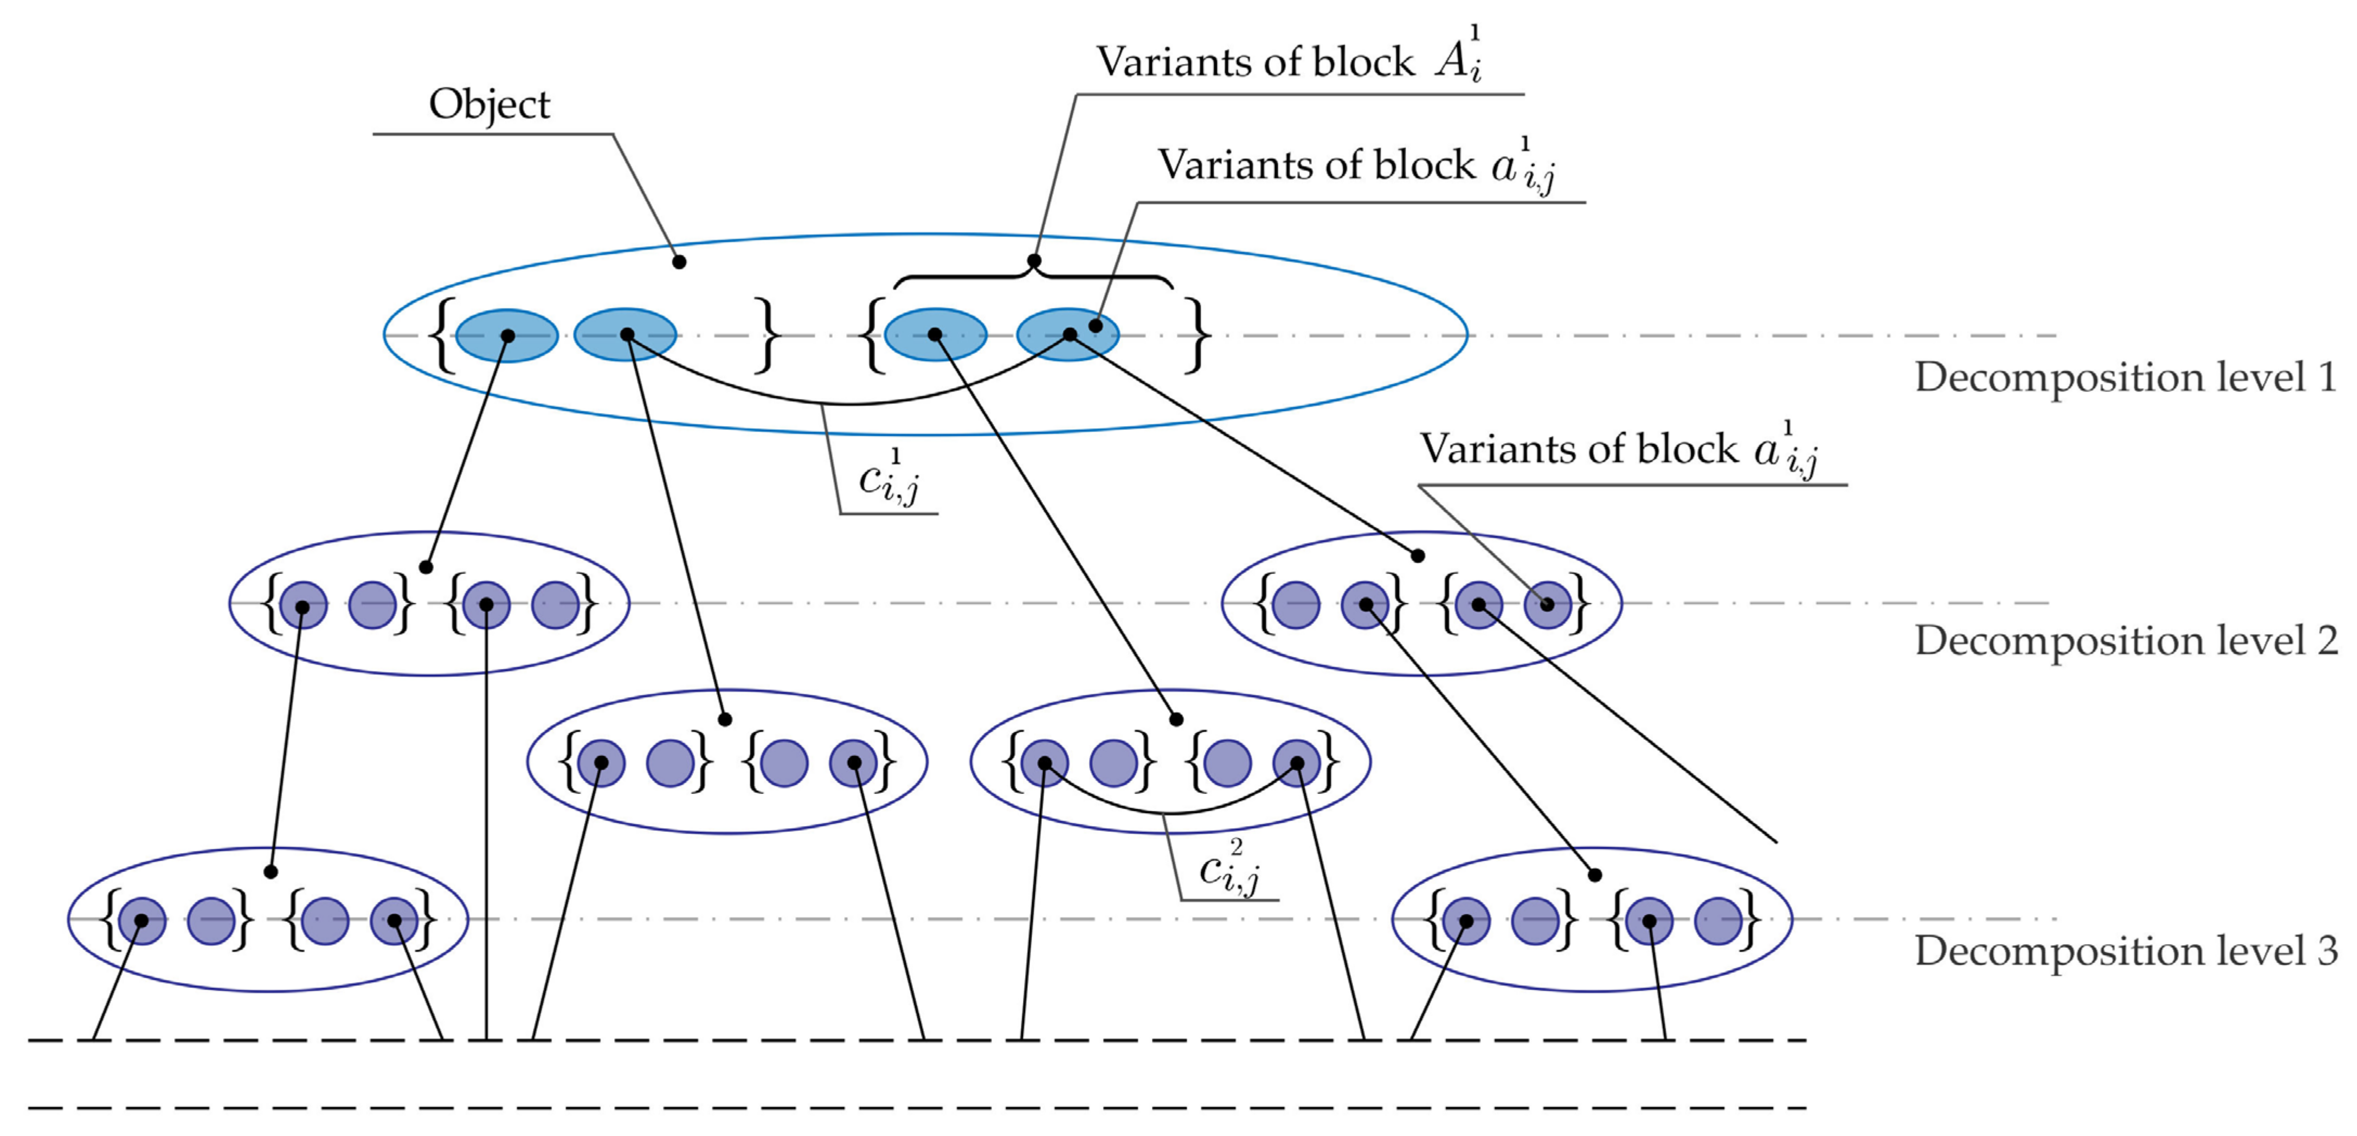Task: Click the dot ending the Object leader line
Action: click(x=679, y=262)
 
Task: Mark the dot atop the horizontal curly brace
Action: click(x=1034, y=261)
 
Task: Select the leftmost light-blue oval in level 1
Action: click(x=507, y=335)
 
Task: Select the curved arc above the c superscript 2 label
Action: click(x=1171, y=811)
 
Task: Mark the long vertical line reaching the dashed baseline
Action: click(x=486, y=823)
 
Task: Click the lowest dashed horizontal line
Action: click(x=915, y=1108)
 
